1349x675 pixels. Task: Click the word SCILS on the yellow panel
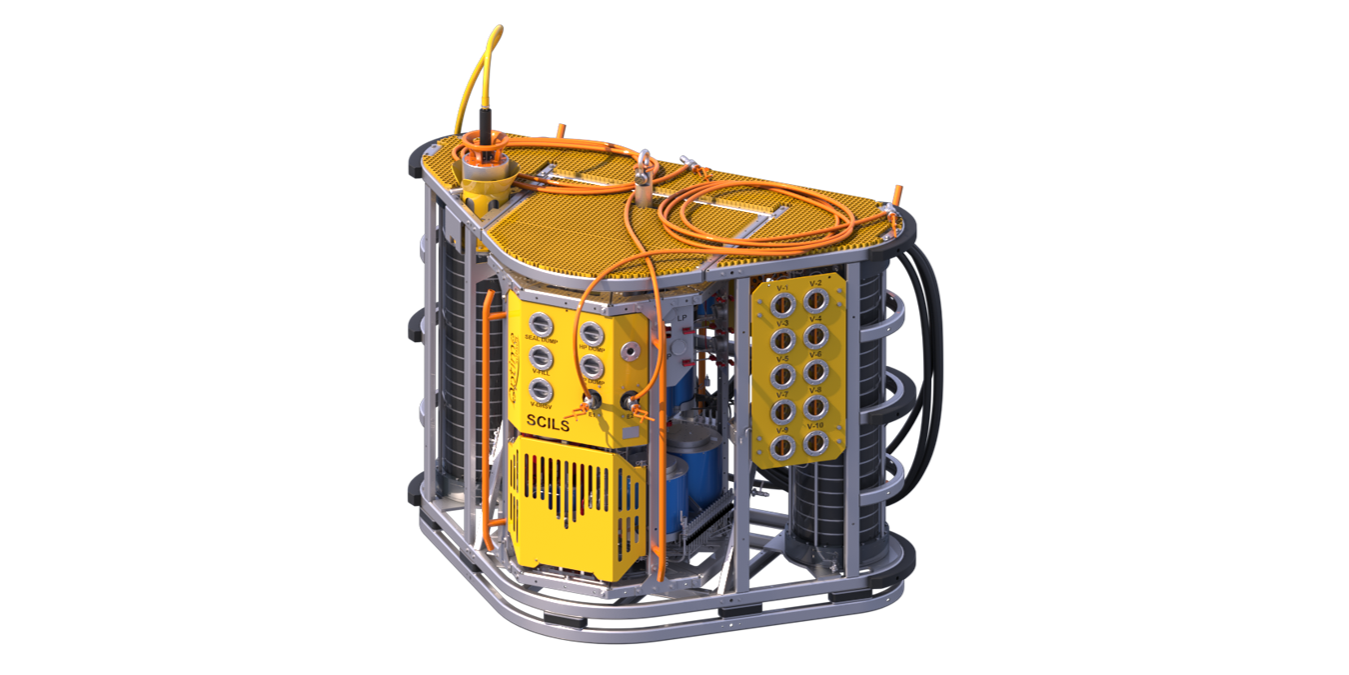pos(547,424)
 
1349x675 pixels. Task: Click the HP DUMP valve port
pos(592,333)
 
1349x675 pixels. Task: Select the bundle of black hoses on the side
pos(924,360)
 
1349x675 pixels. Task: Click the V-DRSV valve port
pos(541,390)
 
